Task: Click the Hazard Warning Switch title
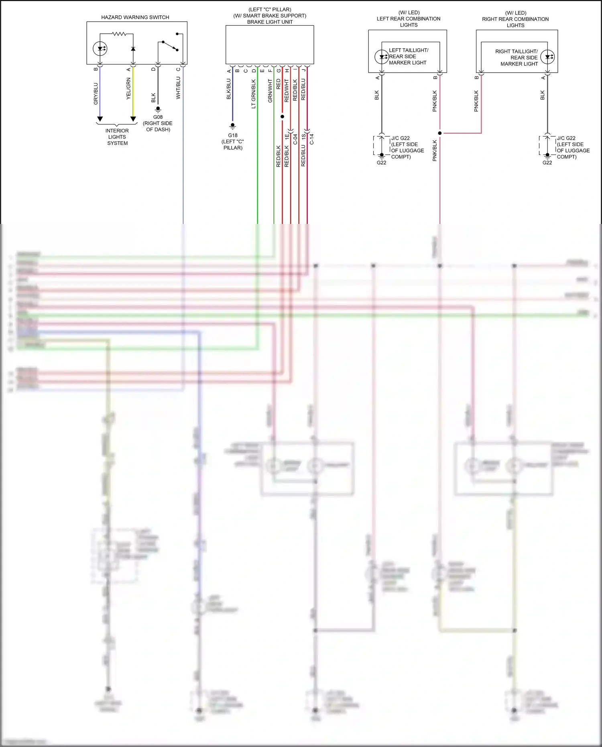click(x=135, y=17)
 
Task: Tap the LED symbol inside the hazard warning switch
click(x=100, y=49)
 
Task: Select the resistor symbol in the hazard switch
click(x=119, y=34)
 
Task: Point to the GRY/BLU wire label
click(x=96, y=94)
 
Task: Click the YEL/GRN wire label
click(x=128, y=89)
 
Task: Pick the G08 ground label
click(x=158, y=117)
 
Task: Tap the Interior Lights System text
click(x=117, y=137)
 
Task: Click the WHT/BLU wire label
click(x=178, y=88)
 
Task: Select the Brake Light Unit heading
click(x=270, y=22)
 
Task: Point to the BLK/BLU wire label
click(x=229, y=89)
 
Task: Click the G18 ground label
click(x=233, y=136)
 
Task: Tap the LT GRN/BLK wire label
click(x=254, y=94)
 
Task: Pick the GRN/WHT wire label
click(x=270, y=91)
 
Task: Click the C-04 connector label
click(x=295, y=139)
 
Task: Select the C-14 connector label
click(x=312, y=139)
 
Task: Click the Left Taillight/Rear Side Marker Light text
click(x=408, y=57)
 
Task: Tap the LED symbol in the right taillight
click(x=548, y=57)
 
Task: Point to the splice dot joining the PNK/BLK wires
click(x=440, y=133)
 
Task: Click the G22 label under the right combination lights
click(x=547, y=163)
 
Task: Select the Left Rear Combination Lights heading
click(x=409, y=19)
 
